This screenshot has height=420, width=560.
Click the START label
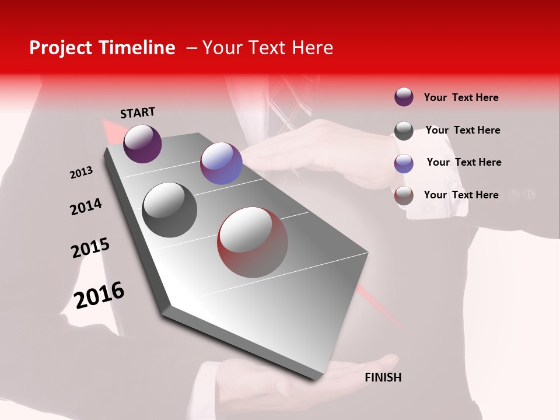point(138,113)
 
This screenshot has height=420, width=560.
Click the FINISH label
point(383,377)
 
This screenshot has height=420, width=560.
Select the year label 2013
point(81,173)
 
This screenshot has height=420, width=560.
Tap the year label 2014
point(86,207)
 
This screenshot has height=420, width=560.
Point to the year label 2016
point(99,295)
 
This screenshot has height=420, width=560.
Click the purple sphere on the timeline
point(142,143)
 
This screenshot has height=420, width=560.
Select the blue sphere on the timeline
point(221,163)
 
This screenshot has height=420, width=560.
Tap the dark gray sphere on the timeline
point(170,210)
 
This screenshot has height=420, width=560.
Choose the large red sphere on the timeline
point(253,242)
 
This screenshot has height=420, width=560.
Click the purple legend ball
point(404,97)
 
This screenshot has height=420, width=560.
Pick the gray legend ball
point(404,131)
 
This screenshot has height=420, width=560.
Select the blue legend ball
point(404,163)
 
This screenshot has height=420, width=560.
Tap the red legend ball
point(404,195)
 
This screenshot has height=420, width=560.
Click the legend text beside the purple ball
point(461,98)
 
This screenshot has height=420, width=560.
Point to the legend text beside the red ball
point(461,195)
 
